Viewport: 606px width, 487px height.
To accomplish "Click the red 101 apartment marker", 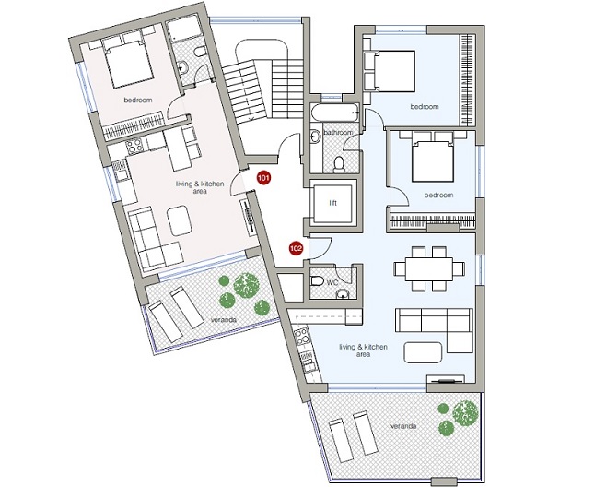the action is click(x=263, y=178).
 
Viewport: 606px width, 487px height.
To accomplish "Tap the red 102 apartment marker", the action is click(x=296, y=248).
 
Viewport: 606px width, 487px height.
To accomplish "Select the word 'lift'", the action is click(x=332, y=203).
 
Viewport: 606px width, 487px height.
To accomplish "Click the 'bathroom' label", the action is click(x=338, y=133).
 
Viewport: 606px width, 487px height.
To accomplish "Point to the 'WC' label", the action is click(x=332, y=282).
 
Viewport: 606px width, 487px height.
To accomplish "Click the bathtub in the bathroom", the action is click(x=335, y=113).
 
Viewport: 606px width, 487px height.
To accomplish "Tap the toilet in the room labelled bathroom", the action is click(x=339, y=164).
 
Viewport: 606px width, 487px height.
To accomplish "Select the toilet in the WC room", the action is click(x=317, y=281).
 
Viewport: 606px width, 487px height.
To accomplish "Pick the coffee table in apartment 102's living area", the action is click(x=423, y=352).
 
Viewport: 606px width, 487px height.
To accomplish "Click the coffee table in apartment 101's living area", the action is click(x=179, y=220).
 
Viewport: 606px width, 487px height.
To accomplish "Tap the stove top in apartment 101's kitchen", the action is click(x=134, y=147).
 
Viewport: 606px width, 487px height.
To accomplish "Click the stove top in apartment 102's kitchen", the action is click(x=301, y=338).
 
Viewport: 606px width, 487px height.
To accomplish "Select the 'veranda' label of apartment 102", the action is click(x=403, y=426).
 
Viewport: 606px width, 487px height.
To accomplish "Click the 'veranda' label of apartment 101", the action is click(x=224, y=320).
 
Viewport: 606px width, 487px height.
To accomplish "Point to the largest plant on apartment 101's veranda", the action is click(x=246, y=285).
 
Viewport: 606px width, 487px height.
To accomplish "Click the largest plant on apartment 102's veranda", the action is click(x=465, y=413).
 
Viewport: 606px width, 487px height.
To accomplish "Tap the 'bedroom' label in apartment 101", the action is click(x=138, y=100).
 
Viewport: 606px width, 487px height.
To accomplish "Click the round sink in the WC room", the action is click(x=342, y=296).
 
